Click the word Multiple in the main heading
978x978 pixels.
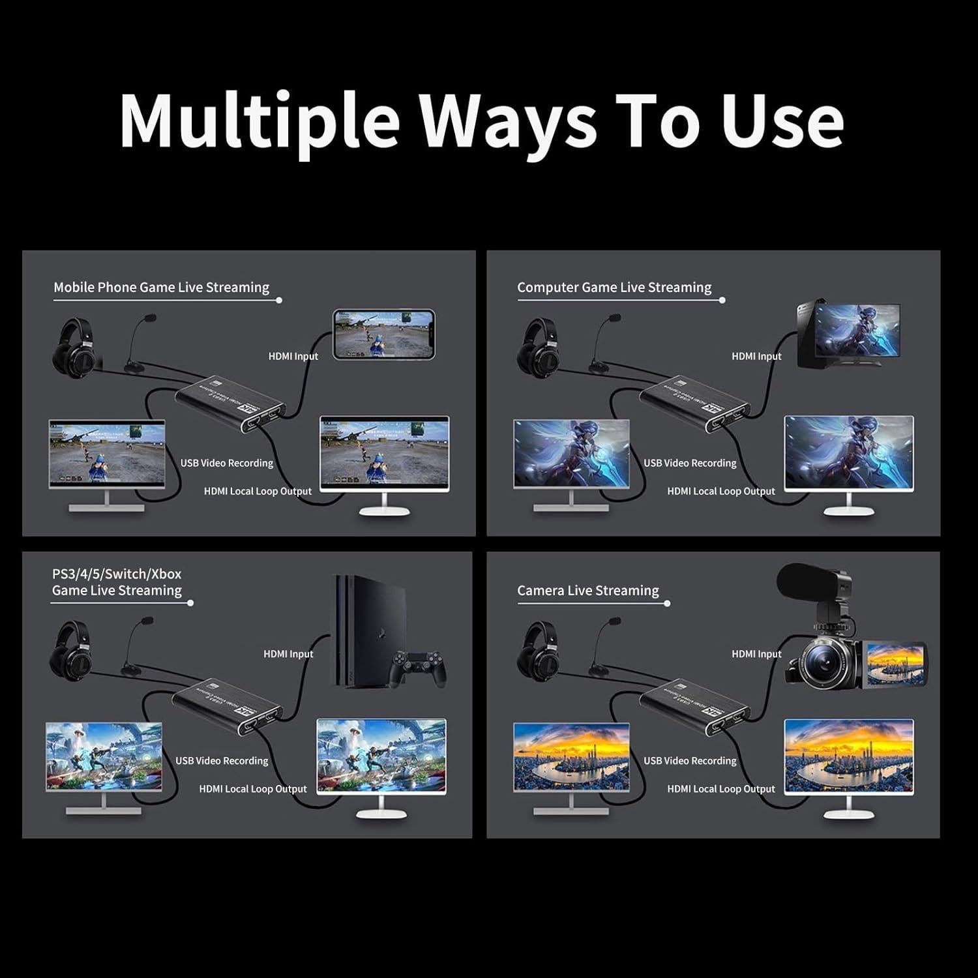(x=259, y=121)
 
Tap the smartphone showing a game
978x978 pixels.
(x=384, y=334)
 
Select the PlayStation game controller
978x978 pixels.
(x=417, y=669)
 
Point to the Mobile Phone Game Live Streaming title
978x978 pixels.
(x=161, y=288)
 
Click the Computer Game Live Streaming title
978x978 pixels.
(x=614, y=288)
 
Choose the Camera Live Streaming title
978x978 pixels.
(x=587, y=591)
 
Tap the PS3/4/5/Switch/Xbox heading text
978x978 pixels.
(x=117, y=574)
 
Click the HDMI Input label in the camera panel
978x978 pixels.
(x=756, y=654)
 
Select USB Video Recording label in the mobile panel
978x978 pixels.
(x=227, y=463)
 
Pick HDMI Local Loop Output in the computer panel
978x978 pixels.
(x=721, y=491)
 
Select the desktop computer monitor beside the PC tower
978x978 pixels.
(x=857, y=334)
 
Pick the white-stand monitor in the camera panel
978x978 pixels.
(x=848, y=760)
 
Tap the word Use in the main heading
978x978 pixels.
(x=782, y=121)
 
